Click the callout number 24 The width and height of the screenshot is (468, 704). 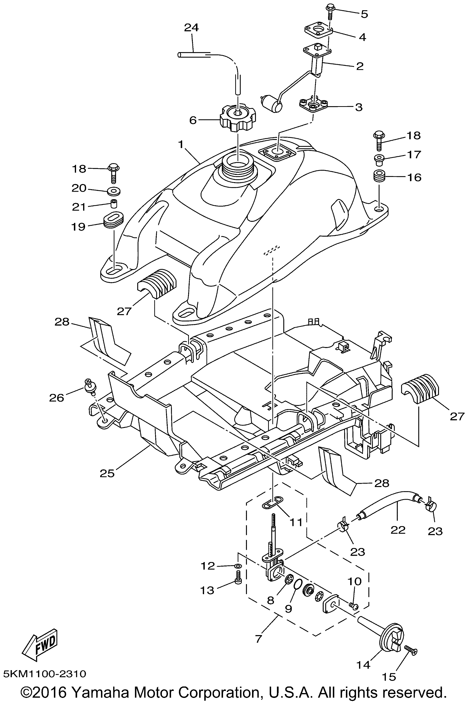pyautogui.click(x=191, y=28)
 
